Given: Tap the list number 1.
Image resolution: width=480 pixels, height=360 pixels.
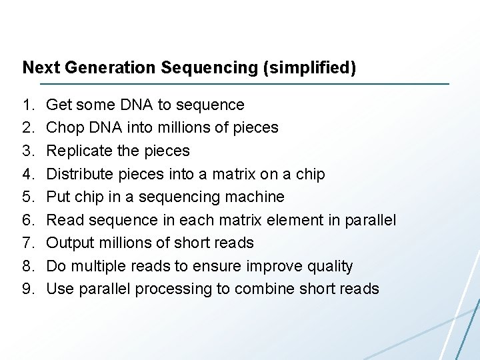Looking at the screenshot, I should click(27, 105).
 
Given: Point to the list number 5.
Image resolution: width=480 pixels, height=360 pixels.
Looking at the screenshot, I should click(27, 197).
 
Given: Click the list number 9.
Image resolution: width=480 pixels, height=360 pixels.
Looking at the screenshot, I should click(27, 289).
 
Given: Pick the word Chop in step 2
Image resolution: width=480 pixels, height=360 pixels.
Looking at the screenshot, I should click(62, 128).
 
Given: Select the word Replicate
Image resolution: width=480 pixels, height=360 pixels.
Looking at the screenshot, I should click(79, 151).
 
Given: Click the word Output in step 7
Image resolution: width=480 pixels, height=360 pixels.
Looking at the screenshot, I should click(69, 243).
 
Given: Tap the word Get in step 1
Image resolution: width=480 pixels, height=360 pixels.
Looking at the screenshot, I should click(59, 105).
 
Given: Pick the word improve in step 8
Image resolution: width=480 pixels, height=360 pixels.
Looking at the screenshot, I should click(273, 266).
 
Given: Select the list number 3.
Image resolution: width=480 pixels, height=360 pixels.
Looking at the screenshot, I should click(27, 151).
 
